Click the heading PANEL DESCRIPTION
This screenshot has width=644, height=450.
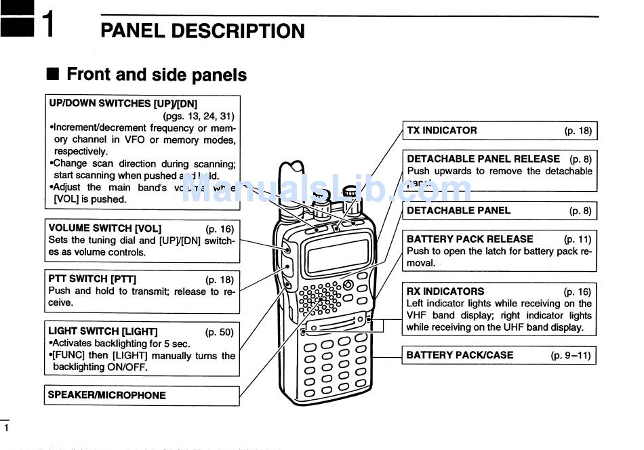pos(203,31)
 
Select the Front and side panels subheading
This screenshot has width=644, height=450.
pos(157,75)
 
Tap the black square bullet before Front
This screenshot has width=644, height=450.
pos(53,74)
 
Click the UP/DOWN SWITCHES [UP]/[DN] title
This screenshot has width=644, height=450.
pos(123,104)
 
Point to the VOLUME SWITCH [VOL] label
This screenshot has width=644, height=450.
pos(105,228)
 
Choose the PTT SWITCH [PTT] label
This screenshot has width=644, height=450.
pos(92,279)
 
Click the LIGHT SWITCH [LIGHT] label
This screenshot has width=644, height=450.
pos(103,331)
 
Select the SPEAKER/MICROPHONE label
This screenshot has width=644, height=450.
pos(107,395)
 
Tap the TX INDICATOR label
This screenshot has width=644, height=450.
pos(442,130)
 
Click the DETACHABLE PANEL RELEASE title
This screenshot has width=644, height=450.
pos(483,159)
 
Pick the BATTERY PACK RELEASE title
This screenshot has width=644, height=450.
pos(470,239)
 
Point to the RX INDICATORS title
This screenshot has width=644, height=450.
pos(445,291)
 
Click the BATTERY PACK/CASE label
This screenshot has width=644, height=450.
pos(460,354)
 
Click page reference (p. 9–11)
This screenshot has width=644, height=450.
pos(571,354)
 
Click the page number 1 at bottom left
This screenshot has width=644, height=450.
pos(7,428)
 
